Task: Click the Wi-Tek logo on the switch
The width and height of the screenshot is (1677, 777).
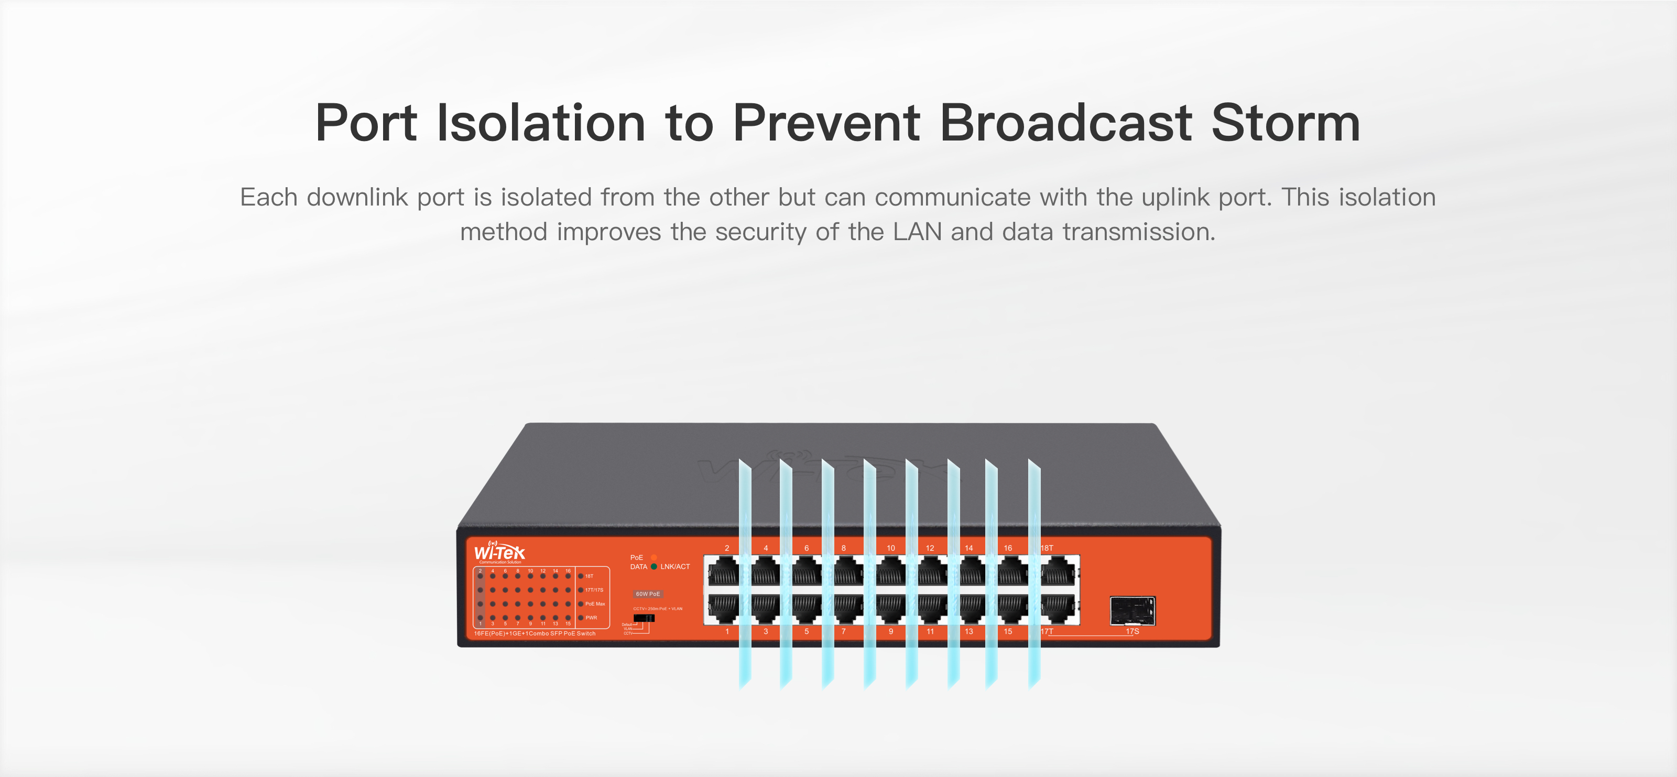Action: pos(499,552)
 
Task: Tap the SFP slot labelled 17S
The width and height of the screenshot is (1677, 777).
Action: pos(1132,611)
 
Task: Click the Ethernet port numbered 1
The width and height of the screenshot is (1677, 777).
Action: pos(723,610)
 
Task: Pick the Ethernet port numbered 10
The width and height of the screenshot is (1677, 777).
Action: pos(890,573)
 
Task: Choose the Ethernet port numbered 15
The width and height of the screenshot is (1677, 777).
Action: pos(1011,610)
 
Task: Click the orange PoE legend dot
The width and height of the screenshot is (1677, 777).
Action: pos(654,557)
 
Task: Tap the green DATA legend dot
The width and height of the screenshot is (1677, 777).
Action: pos(654,567)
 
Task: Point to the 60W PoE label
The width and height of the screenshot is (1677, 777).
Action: pos(648,594)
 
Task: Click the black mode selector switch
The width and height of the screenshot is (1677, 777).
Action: pos(644,618)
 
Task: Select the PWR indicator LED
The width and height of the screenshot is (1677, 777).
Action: pos(581,618)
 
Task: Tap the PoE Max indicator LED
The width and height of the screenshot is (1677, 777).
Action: pos(581,604)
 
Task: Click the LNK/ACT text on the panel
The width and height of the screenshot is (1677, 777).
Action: pos(675,567)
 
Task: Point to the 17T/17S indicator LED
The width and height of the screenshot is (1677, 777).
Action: pos(581,590)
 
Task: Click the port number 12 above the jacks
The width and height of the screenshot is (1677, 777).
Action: pos(930,548)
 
